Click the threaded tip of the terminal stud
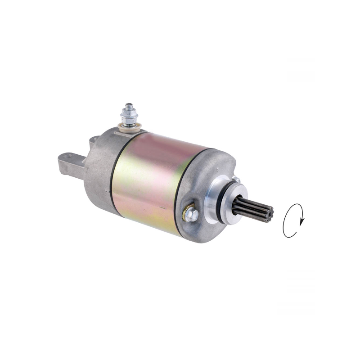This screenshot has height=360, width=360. (x=129, y=107)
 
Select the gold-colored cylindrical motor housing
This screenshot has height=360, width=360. (x=153, y=180)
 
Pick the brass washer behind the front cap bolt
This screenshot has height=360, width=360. (x=186, y=212)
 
